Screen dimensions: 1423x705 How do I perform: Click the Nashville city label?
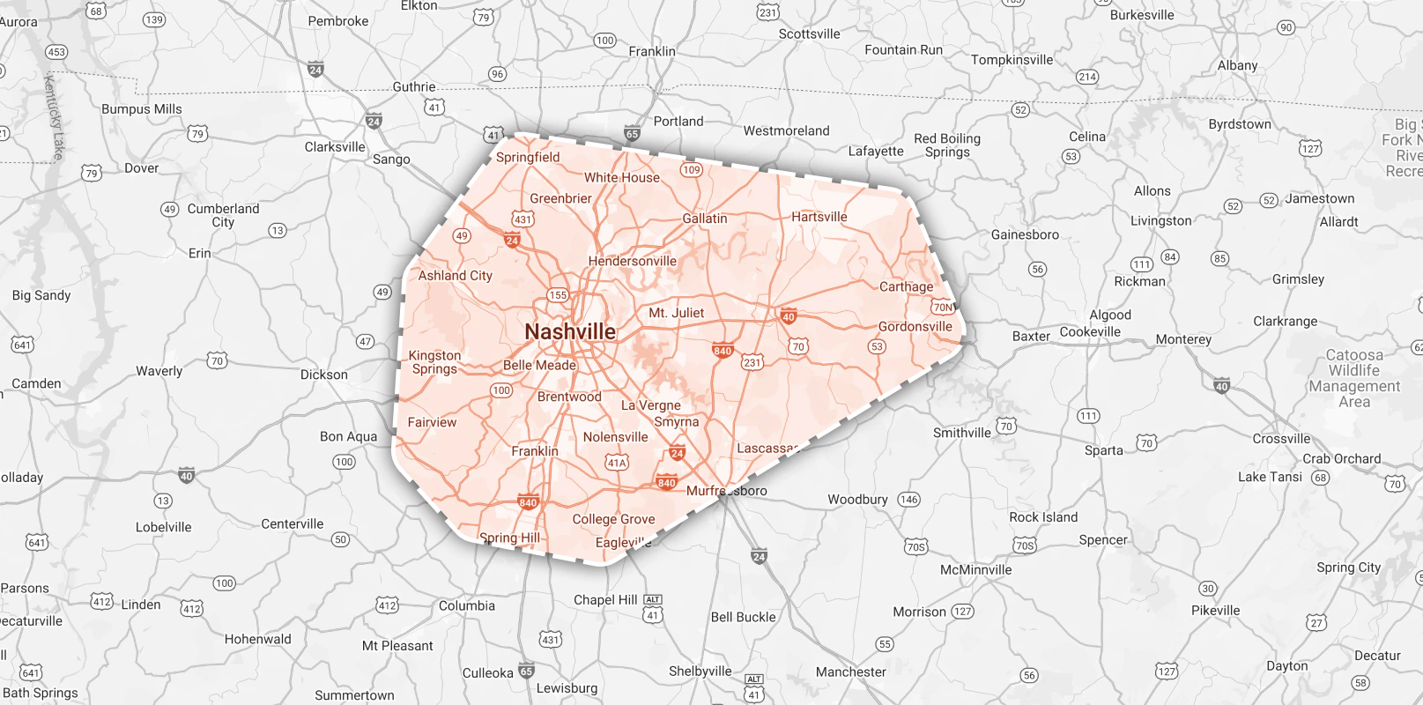570,332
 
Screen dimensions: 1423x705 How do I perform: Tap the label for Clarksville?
335,147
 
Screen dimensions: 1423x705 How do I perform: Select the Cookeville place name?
1090,332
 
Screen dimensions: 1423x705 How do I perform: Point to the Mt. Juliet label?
676,313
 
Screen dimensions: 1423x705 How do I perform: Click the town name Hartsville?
819,217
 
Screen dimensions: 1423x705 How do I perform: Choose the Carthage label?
906,286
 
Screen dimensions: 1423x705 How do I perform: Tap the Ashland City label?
455,276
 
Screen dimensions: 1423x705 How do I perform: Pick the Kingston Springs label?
434,362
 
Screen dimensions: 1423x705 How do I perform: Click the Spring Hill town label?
509,538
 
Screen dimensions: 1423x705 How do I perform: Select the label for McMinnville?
975,570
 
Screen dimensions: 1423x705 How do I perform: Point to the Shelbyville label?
700,672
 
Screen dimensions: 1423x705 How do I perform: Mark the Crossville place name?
1281,439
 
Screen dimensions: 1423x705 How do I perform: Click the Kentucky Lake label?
54,117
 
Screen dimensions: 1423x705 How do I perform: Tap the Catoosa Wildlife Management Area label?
1354,378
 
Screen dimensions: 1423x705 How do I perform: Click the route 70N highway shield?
943,308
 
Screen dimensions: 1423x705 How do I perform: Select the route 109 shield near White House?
692,170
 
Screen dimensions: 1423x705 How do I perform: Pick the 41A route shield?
617,463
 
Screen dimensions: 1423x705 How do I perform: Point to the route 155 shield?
558,295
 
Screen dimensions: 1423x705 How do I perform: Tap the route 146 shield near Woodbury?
908,500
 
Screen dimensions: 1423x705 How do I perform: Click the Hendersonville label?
632,262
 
